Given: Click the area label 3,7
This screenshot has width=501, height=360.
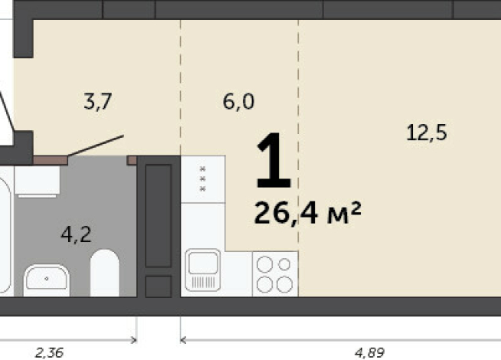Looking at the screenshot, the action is pos(97,101).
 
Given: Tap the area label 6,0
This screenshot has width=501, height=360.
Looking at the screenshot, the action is pos(238,102).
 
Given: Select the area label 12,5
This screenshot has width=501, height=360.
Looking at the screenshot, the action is pos(427,133).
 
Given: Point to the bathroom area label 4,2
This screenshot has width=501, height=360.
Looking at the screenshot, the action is pos(76,234).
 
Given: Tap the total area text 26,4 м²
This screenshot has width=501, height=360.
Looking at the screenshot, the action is pos(307,213).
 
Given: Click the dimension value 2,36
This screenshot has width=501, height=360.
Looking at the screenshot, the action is pos(49,353).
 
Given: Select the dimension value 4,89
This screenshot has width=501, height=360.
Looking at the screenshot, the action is pos(370,353).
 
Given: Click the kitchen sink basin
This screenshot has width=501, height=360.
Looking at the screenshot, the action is pos(203,270).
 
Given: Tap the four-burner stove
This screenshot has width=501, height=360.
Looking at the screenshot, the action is pos(275,273).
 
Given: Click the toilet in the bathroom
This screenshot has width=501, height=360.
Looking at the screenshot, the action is pos(105,273).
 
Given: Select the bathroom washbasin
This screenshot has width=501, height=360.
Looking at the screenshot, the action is pos(47,280).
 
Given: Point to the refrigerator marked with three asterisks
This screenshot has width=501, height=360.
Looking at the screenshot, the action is pos(203,179).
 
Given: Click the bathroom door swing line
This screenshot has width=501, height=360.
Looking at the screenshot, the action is pos(96,146).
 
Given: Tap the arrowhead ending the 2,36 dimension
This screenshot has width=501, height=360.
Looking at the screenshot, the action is pos(134,340).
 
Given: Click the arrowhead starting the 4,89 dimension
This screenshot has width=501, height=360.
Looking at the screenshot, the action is pos(183,340).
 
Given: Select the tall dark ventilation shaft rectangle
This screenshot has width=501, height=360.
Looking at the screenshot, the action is pos(159,216).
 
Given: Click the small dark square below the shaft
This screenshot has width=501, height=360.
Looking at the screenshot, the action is pos(159,286).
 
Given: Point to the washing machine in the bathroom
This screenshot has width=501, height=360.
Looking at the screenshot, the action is pos(37,181).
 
